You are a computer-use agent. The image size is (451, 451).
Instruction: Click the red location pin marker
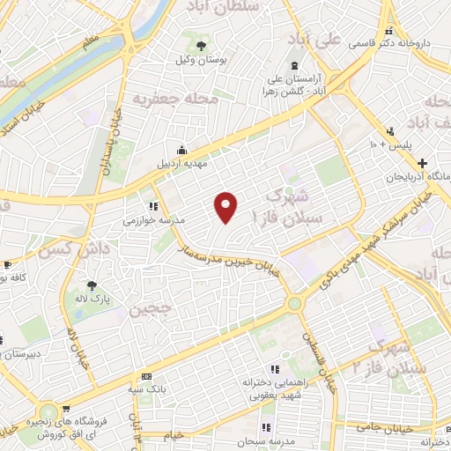click(x=227, y=207)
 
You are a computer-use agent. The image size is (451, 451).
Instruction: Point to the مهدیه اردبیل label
click(x=180, y=163)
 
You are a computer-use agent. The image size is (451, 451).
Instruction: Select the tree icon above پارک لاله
click(x=92, y=285)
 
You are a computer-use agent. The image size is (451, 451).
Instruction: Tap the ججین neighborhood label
click(x=148, y=311)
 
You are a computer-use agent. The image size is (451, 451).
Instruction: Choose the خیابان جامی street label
click(x=386, y=425)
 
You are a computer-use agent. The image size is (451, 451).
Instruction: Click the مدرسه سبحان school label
click(x=276, y=439)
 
